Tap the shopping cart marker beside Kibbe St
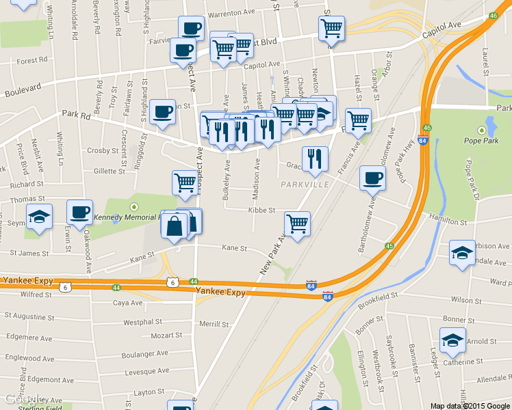[297, 223]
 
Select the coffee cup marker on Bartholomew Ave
[372, 177]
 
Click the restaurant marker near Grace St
[315, 158]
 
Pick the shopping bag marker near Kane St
[175, 224]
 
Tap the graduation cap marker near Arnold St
[452, 340]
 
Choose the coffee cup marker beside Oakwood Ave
[79, 211]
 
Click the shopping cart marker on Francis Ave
[358, 120]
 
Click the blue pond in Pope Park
[490, 127]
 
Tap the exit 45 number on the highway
[389, 246]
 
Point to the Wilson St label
[466, 300]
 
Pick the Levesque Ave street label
[146, 372]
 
